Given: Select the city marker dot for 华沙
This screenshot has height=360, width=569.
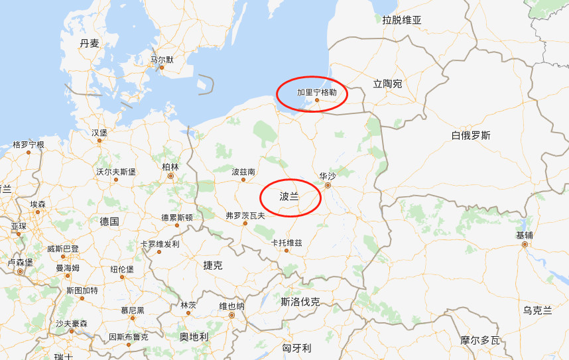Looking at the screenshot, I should pyautogui.click(x=327, y=186).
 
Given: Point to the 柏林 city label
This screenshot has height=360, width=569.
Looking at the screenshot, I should pyautogui.click(x=170, y=167).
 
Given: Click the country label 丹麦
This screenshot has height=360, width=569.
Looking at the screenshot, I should pyautogui.click(x=90, y=43).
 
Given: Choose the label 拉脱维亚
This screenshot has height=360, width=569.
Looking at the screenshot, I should pyautogui.click(x=402, y=20).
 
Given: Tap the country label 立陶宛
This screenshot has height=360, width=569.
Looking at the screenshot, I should pyautogui.click(x=387, y=84).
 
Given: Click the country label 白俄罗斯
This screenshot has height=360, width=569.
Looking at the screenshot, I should pyautogui.click(x=471, y=136).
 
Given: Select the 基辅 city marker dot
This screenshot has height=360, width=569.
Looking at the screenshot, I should pyautogui.click(x=525, y=245).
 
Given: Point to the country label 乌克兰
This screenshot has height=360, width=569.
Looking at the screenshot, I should pyautogui.click(x=537, y=310).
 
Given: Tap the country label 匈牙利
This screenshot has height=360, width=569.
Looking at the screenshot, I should pyautogui.click(x=296, y=347).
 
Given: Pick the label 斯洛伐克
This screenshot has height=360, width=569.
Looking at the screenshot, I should pyautogui.click(x=300, y=302).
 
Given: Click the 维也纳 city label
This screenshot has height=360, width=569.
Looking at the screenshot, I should pyautogui.click(x=231, y=306).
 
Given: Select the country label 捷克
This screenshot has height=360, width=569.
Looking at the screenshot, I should pyautogui.click(x=213, y=265).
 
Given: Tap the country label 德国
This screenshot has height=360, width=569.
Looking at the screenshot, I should pyautogui.click(x=109, y=221).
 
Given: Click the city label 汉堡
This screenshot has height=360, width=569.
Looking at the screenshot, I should pyautogui.click(x=99, y=132).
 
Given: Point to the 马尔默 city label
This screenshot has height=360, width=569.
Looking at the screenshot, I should pyautogui.click(x=162, y=59).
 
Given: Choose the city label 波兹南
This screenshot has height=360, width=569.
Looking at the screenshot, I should pyautogui.click(x=243, y=172).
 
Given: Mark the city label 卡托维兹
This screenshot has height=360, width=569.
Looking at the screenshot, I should pyautogui.click(x=286, y=243).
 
